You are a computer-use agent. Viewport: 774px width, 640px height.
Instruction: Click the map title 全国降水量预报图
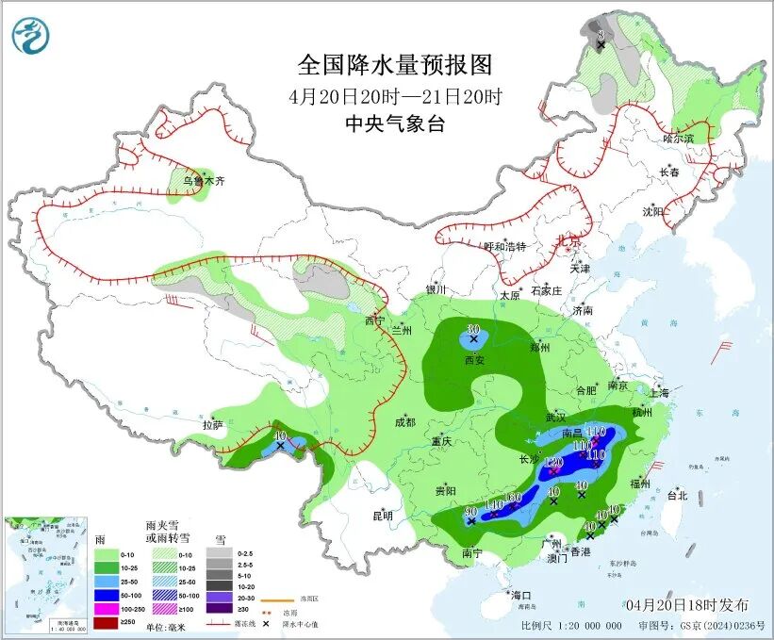(x=395, y=65)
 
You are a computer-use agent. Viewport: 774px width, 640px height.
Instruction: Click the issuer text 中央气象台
(x=395, y=123)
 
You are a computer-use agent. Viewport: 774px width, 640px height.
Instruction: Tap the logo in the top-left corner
(x=32, y=36)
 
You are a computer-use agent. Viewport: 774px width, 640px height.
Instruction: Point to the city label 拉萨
(x=212, y=425)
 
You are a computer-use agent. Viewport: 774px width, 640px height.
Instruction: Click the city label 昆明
(x=382, y=516)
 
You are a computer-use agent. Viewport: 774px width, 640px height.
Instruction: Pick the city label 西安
(x=474, y=359)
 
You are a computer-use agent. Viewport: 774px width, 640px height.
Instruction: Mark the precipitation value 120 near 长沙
(x=553, y=462)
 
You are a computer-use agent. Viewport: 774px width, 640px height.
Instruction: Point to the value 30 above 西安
(x=473, y=328)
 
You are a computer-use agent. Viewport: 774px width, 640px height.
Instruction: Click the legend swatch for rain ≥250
(x=107, y=623)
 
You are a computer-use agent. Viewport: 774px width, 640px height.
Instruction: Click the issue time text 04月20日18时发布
(x=686, y=604)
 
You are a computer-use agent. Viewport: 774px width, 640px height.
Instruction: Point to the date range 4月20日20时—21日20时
(x=395, y=96)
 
